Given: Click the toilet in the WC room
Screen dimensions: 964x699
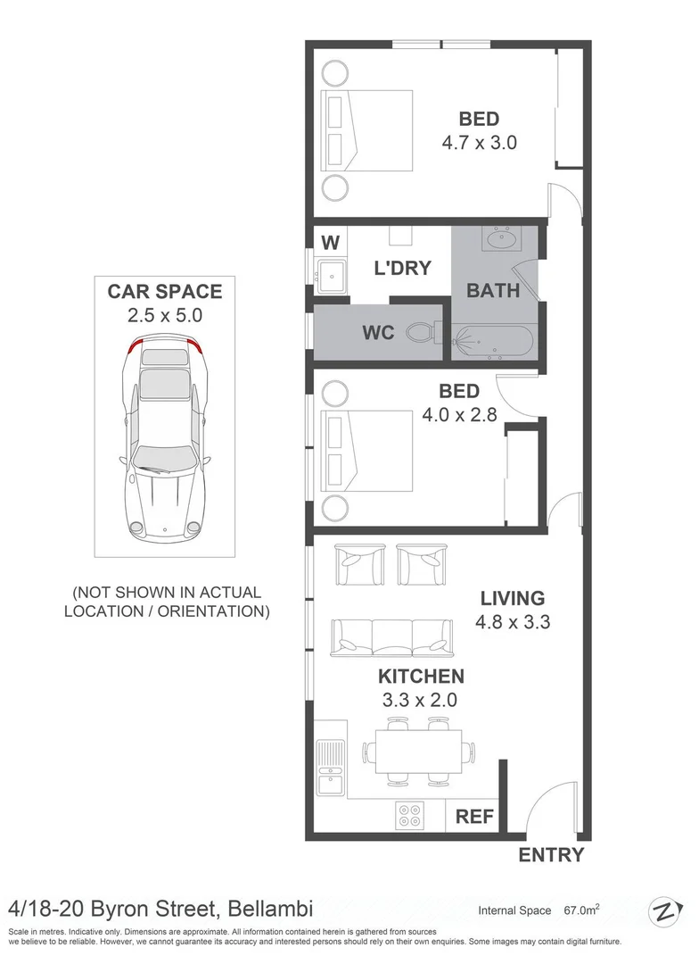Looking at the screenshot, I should pos(422,333).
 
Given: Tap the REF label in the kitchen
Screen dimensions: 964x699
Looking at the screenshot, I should pos(474,817).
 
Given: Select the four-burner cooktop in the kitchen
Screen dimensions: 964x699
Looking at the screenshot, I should pos(411,816).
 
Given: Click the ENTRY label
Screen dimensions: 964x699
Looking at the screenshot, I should pos(552,855).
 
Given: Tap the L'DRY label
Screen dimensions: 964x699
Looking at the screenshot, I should pos(402,268).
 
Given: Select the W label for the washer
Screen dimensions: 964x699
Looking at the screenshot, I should pos(329,242).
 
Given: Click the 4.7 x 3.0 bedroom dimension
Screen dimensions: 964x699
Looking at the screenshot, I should pos(479,142).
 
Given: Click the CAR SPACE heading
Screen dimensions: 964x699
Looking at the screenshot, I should pos(165,291).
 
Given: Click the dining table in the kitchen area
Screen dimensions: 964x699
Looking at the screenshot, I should pos(419,750).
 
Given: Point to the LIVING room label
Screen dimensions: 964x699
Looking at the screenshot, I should pos(512,598).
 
